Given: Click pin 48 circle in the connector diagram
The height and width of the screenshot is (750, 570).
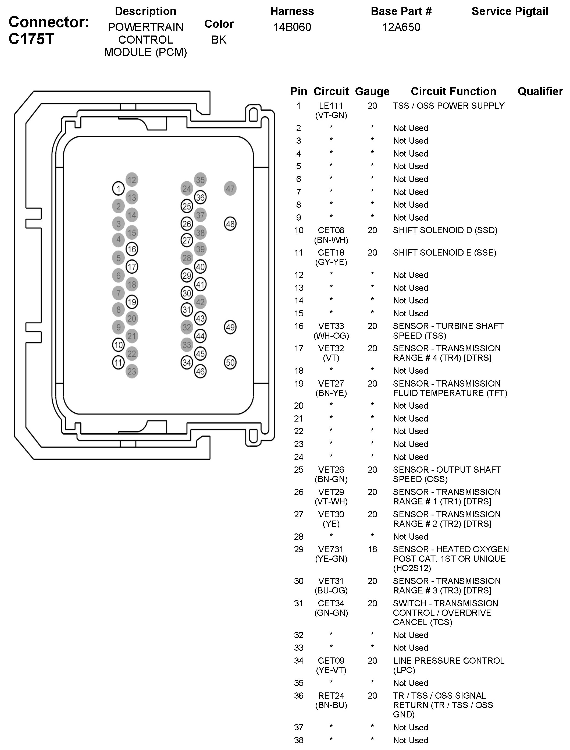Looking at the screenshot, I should [x=230, y=224].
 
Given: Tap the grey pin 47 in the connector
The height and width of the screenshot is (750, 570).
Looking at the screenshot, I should [x=230, y=188].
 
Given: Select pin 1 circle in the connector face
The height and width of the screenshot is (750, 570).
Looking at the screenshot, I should [x=118, y=188].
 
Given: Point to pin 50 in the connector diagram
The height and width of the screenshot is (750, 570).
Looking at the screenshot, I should [x=230, y=362].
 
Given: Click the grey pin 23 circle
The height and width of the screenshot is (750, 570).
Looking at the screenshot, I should [x=132, y=371].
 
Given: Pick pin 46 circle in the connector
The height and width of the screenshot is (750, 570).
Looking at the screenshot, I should [x=200, y=371].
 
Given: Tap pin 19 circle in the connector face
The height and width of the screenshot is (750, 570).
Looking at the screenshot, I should [x=132, y=302].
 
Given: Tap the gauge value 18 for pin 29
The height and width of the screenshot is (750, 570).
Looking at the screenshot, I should [x=372, y=549].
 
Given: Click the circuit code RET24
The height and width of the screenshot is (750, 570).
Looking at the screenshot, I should [x=331, y=696].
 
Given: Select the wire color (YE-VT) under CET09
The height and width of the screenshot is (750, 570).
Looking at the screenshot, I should [x=331, y=670].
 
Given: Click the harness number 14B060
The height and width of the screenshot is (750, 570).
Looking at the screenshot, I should [x=292, y=27].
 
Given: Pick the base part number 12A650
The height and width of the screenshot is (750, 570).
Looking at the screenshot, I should [x=401, y=27].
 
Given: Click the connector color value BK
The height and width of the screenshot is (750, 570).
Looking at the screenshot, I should [x=219, y=40].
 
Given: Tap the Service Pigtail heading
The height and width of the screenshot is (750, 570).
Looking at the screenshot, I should [x=510, y=11].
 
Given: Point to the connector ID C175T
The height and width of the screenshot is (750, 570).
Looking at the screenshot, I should [x=31, y=39].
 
